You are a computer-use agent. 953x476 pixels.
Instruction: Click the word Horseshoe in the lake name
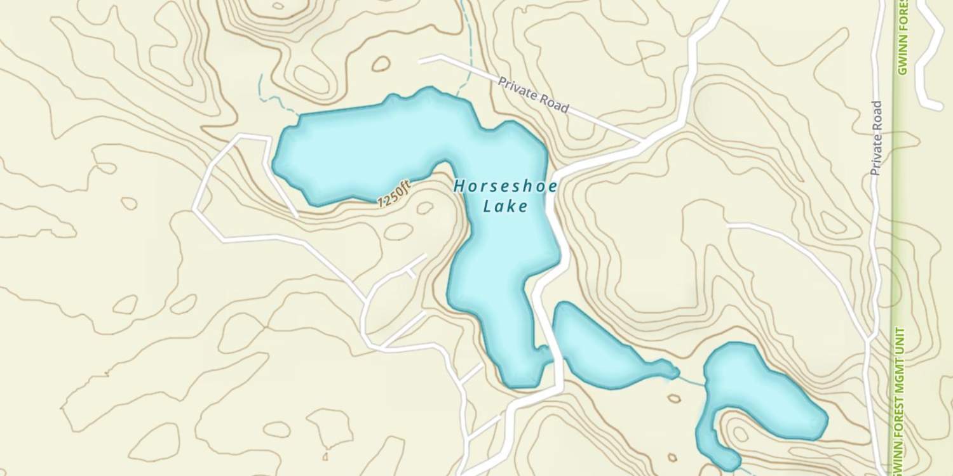pyautogui.click(x=506, y=187)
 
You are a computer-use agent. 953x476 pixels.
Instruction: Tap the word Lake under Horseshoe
pyautogui.click(x=505, y=206)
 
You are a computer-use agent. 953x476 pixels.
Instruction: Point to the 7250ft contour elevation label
pyautogui.click(x=395, y=194)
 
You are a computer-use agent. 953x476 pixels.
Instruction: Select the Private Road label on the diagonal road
pyautogui.click(x=533, y=95)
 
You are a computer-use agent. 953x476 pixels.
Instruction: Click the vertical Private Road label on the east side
pyautogui.click(x=877, y=138)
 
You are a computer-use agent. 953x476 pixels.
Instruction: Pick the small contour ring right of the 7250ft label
pyautogui.click(x=424, y=208)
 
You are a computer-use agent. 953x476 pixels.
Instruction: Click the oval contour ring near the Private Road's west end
pyautogui.click(x=381, y=63)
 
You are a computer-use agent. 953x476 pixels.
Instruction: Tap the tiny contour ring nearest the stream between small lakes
pyautogui.click(x=673, y=399)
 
